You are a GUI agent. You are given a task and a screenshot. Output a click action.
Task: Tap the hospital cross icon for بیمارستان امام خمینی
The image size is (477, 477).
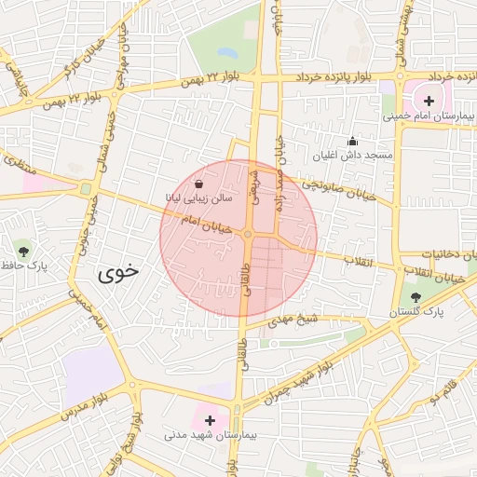click(x=429, y=100)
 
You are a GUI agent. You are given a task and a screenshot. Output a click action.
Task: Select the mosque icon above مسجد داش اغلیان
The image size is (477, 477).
click(x=352, y=142)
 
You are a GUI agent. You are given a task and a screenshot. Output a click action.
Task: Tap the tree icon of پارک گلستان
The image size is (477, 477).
click(x=416, y=297)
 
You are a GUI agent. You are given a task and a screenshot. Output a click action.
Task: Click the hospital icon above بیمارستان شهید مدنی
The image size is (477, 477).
click(x=210, y=421)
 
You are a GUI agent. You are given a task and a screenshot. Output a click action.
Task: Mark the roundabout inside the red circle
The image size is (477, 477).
click(x=248, y=234)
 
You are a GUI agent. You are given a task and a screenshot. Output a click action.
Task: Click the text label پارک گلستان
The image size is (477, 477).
click(x=421, y=311)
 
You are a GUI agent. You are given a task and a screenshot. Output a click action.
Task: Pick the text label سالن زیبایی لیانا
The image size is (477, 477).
click(x=195, y=198)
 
